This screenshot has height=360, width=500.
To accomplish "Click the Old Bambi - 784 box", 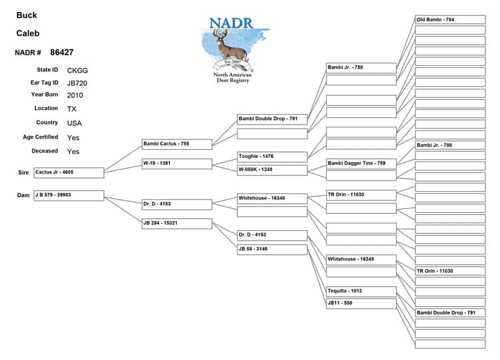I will pyautogui.click(x=450, y=20).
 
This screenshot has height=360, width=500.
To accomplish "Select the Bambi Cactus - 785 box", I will pyautogui.click(x=177, y=143).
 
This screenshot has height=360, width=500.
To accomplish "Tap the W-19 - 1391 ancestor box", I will pyautogui.click(x=177, y=163).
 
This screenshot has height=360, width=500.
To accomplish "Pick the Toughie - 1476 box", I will pyautogui.click(x=272, y=157).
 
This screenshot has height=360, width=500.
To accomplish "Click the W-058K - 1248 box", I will pyautogui.click(x=272, y=170).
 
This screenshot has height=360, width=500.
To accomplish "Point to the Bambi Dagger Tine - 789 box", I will pyautogui.click(x=361, y=163).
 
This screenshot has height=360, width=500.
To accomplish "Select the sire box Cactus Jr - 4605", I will pyautogui.click(x=69, y=173).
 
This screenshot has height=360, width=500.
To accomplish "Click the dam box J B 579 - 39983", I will pyautogui.click(x=69, y=195).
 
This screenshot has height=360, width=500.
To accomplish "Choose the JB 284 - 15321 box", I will pyautogui.click(x=177, y=223).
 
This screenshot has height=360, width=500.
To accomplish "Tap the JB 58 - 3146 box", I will pyautogui.click(x=272, y=249).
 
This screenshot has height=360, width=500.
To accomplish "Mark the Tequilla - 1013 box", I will pyautogui.click(x=361, y=291).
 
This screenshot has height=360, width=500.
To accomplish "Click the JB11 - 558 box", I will pyautogui.click(x=361, y=303).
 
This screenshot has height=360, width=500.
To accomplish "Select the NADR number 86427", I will pyautogui.click(x=62, y=52).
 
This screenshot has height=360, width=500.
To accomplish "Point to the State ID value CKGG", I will pyautogui.click(x=77, y=70).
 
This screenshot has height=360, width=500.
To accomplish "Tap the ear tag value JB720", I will pyautogui.click(x=77, y=83).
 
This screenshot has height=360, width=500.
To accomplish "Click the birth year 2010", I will pyautogui.click(x=75, y=95).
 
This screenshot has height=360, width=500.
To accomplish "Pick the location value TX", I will pyautogui.click(x=72, y=109).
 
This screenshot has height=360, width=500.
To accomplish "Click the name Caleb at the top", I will pyautogui.click(x=28, y=33).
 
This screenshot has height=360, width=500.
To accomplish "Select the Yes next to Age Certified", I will pyautogui.click(x=73, y=137).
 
